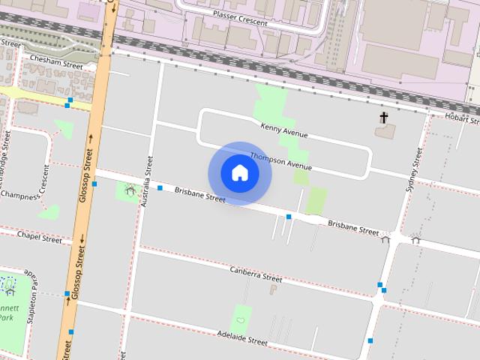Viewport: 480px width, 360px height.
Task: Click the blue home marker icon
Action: [x=240, y=173]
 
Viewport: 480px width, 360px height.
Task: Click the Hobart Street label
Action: [x=460, y=118]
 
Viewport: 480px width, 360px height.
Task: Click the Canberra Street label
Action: [x=255, y=274]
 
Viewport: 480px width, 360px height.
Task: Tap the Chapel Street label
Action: [x=40, y=239]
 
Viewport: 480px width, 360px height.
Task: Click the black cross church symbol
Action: [x=384, y=118]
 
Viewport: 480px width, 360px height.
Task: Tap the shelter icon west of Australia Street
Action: [x=130, y=190]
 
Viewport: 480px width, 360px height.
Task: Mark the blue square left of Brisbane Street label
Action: [x=160, y=187]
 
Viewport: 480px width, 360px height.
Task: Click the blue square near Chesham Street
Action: [x=69, y=100]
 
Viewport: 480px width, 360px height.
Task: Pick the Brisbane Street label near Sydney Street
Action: [x=352, y=227]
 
